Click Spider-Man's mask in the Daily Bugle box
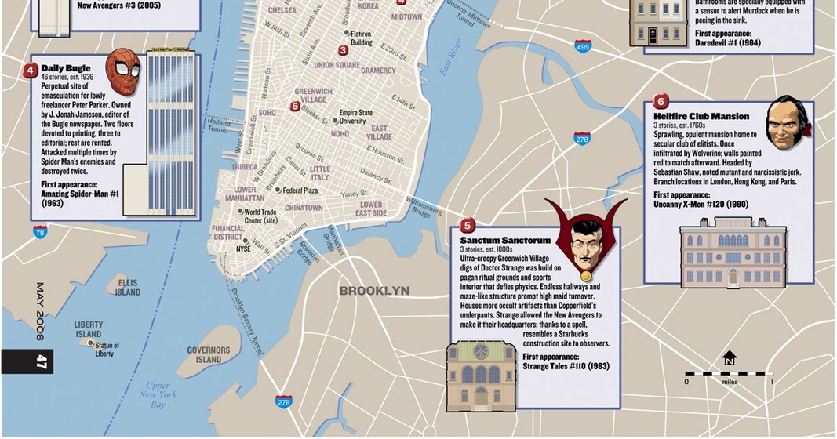[x=122, y=72]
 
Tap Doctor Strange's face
[x=585, y=244]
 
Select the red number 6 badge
[x=661, y=101]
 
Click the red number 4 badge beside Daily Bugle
[x=31, y=70]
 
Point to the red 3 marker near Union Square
[x=343, y=50]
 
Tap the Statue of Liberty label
[x=106, y=349]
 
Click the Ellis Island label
[x=127, y=287]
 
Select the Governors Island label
[x=209, y=355]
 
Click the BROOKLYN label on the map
[x=374, y=291]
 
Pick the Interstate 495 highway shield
[x=582, y=47]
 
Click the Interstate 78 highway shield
[x=40, y=231]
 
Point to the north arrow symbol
[x=730, y=358]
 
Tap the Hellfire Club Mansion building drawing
[x=733, y=252]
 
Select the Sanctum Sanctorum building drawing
[x=481, y=376]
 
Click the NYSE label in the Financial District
[x=243, y=249]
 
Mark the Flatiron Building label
[x=361, y=38]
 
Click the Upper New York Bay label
[x=158, y=394]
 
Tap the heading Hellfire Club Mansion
[x=701, y=117]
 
